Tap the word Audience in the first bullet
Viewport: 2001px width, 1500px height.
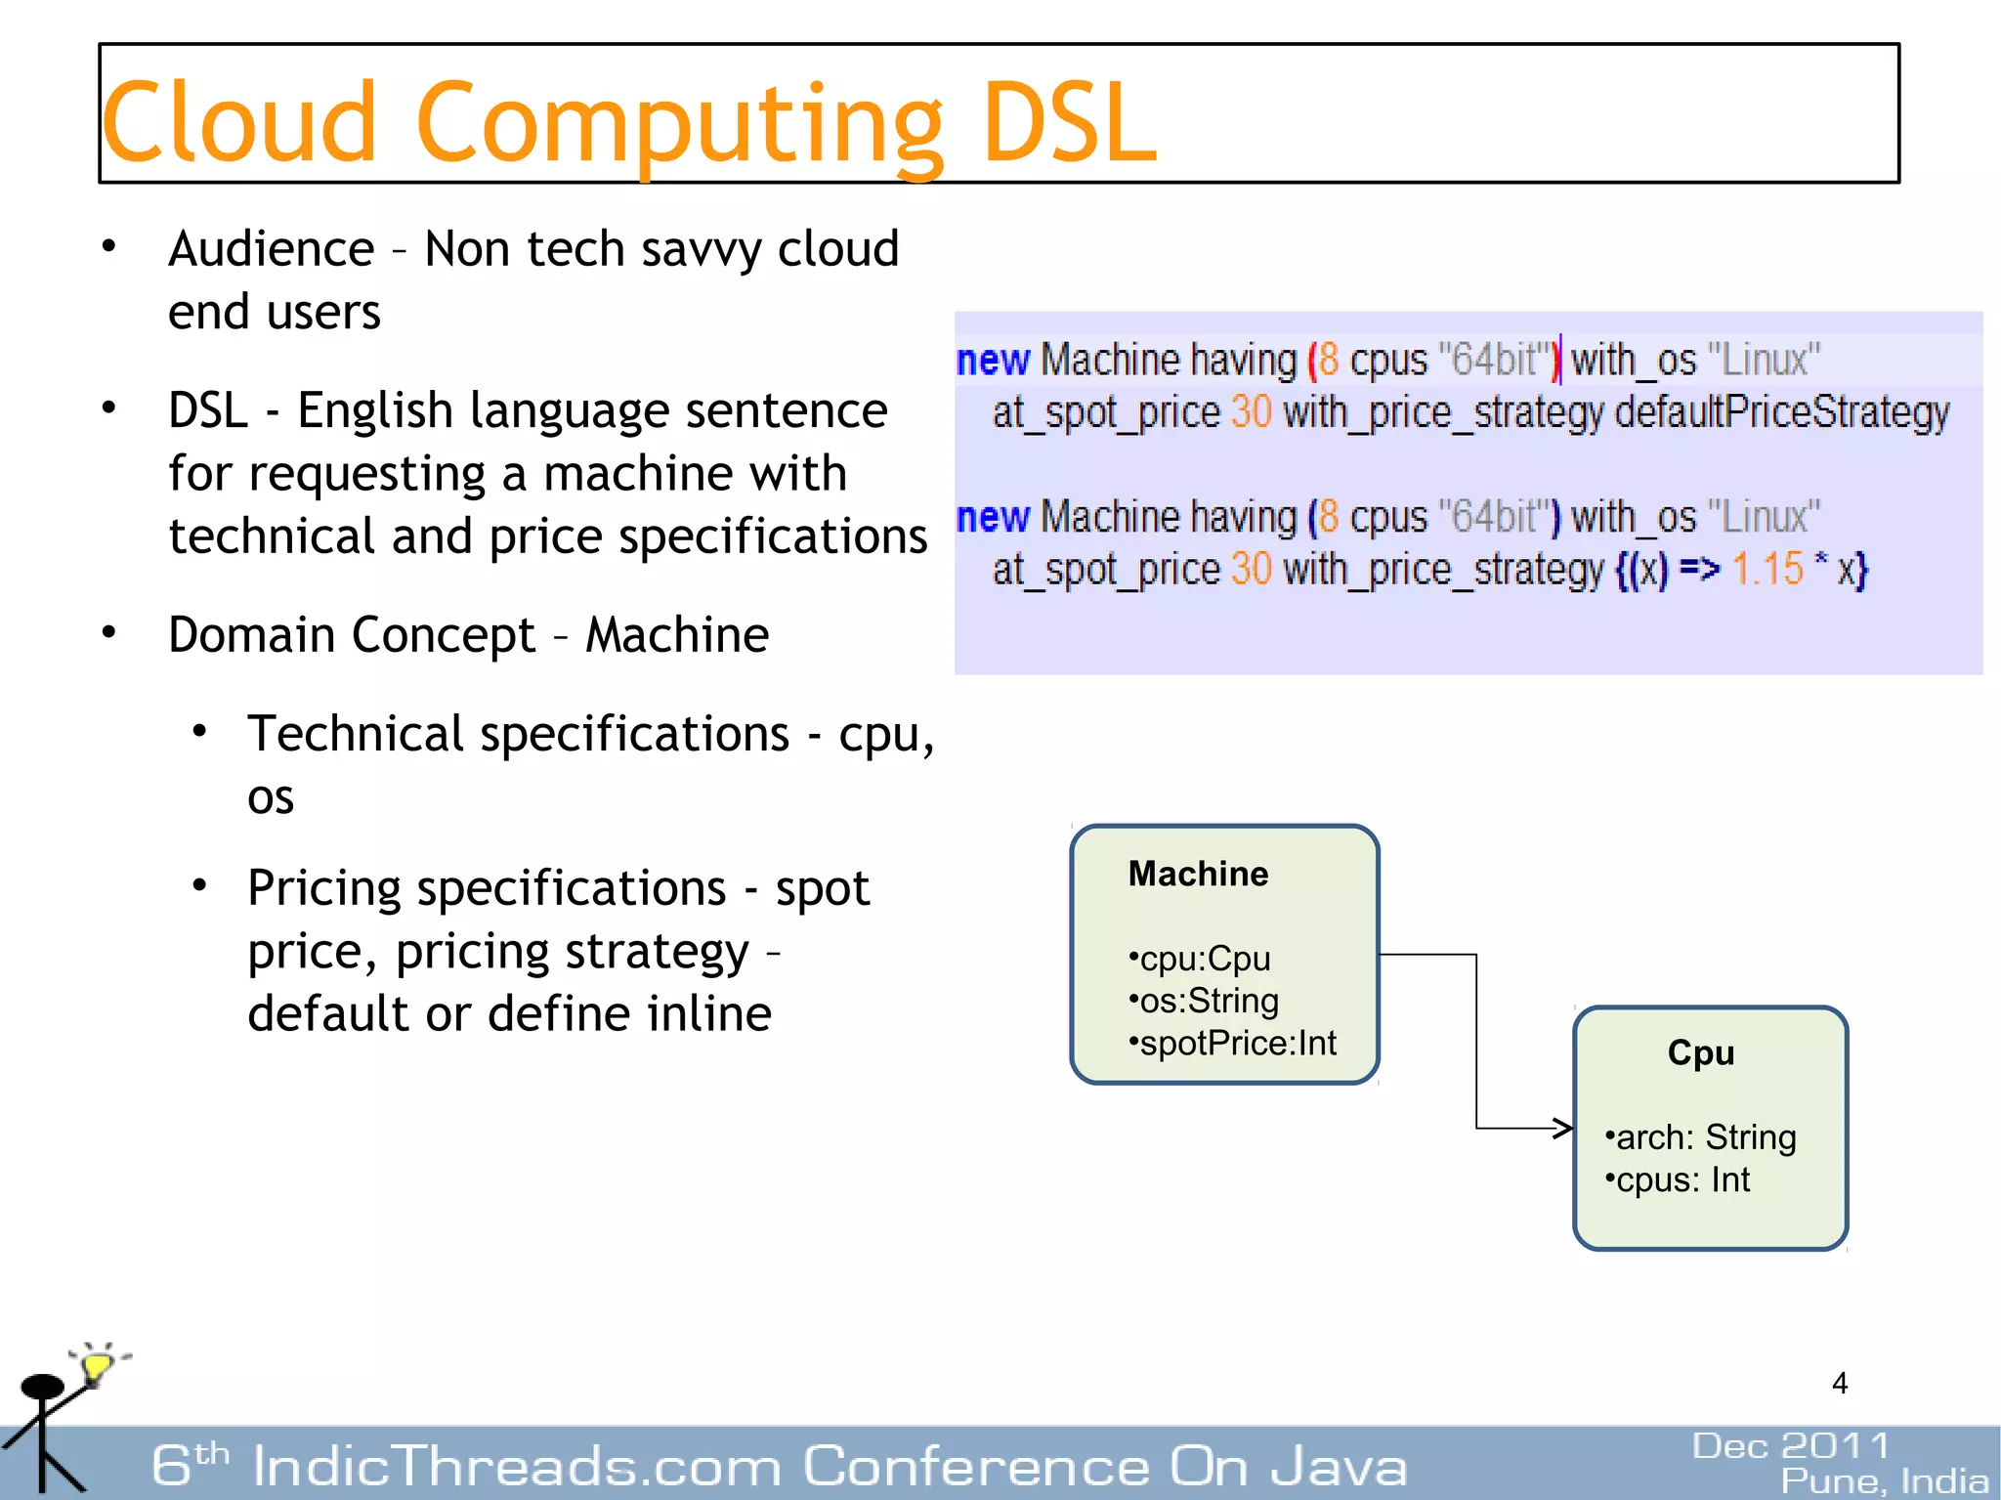[x=272, y=249]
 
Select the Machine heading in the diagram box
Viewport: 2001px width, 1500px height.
[x=1198, y=874]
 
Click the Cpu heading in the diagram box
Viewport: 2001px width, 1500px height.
[x=1701, y=1053]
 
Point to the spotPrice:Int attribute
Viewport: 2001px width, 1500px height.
[x=1233, y=1044]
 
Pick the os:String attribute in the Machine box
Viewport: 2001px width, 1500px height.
[x=1205, y=1001]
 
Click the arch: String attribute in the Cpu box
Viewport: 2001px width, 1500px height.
[x=1701, y=1137]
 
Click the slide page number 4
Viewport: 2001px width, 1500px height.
[x=1840, y=1384]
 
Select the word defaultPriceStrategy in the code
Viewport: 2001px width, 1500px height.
[x=1781, y=412]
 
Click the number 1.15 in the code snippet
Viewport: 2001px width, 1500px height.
[x=1767, y=569]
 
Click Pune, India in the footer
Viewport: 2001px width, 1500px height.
[x=1884, y=1481]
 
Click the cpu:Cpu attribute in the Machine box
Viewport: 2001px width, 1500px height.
[x=1200, y=959]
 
